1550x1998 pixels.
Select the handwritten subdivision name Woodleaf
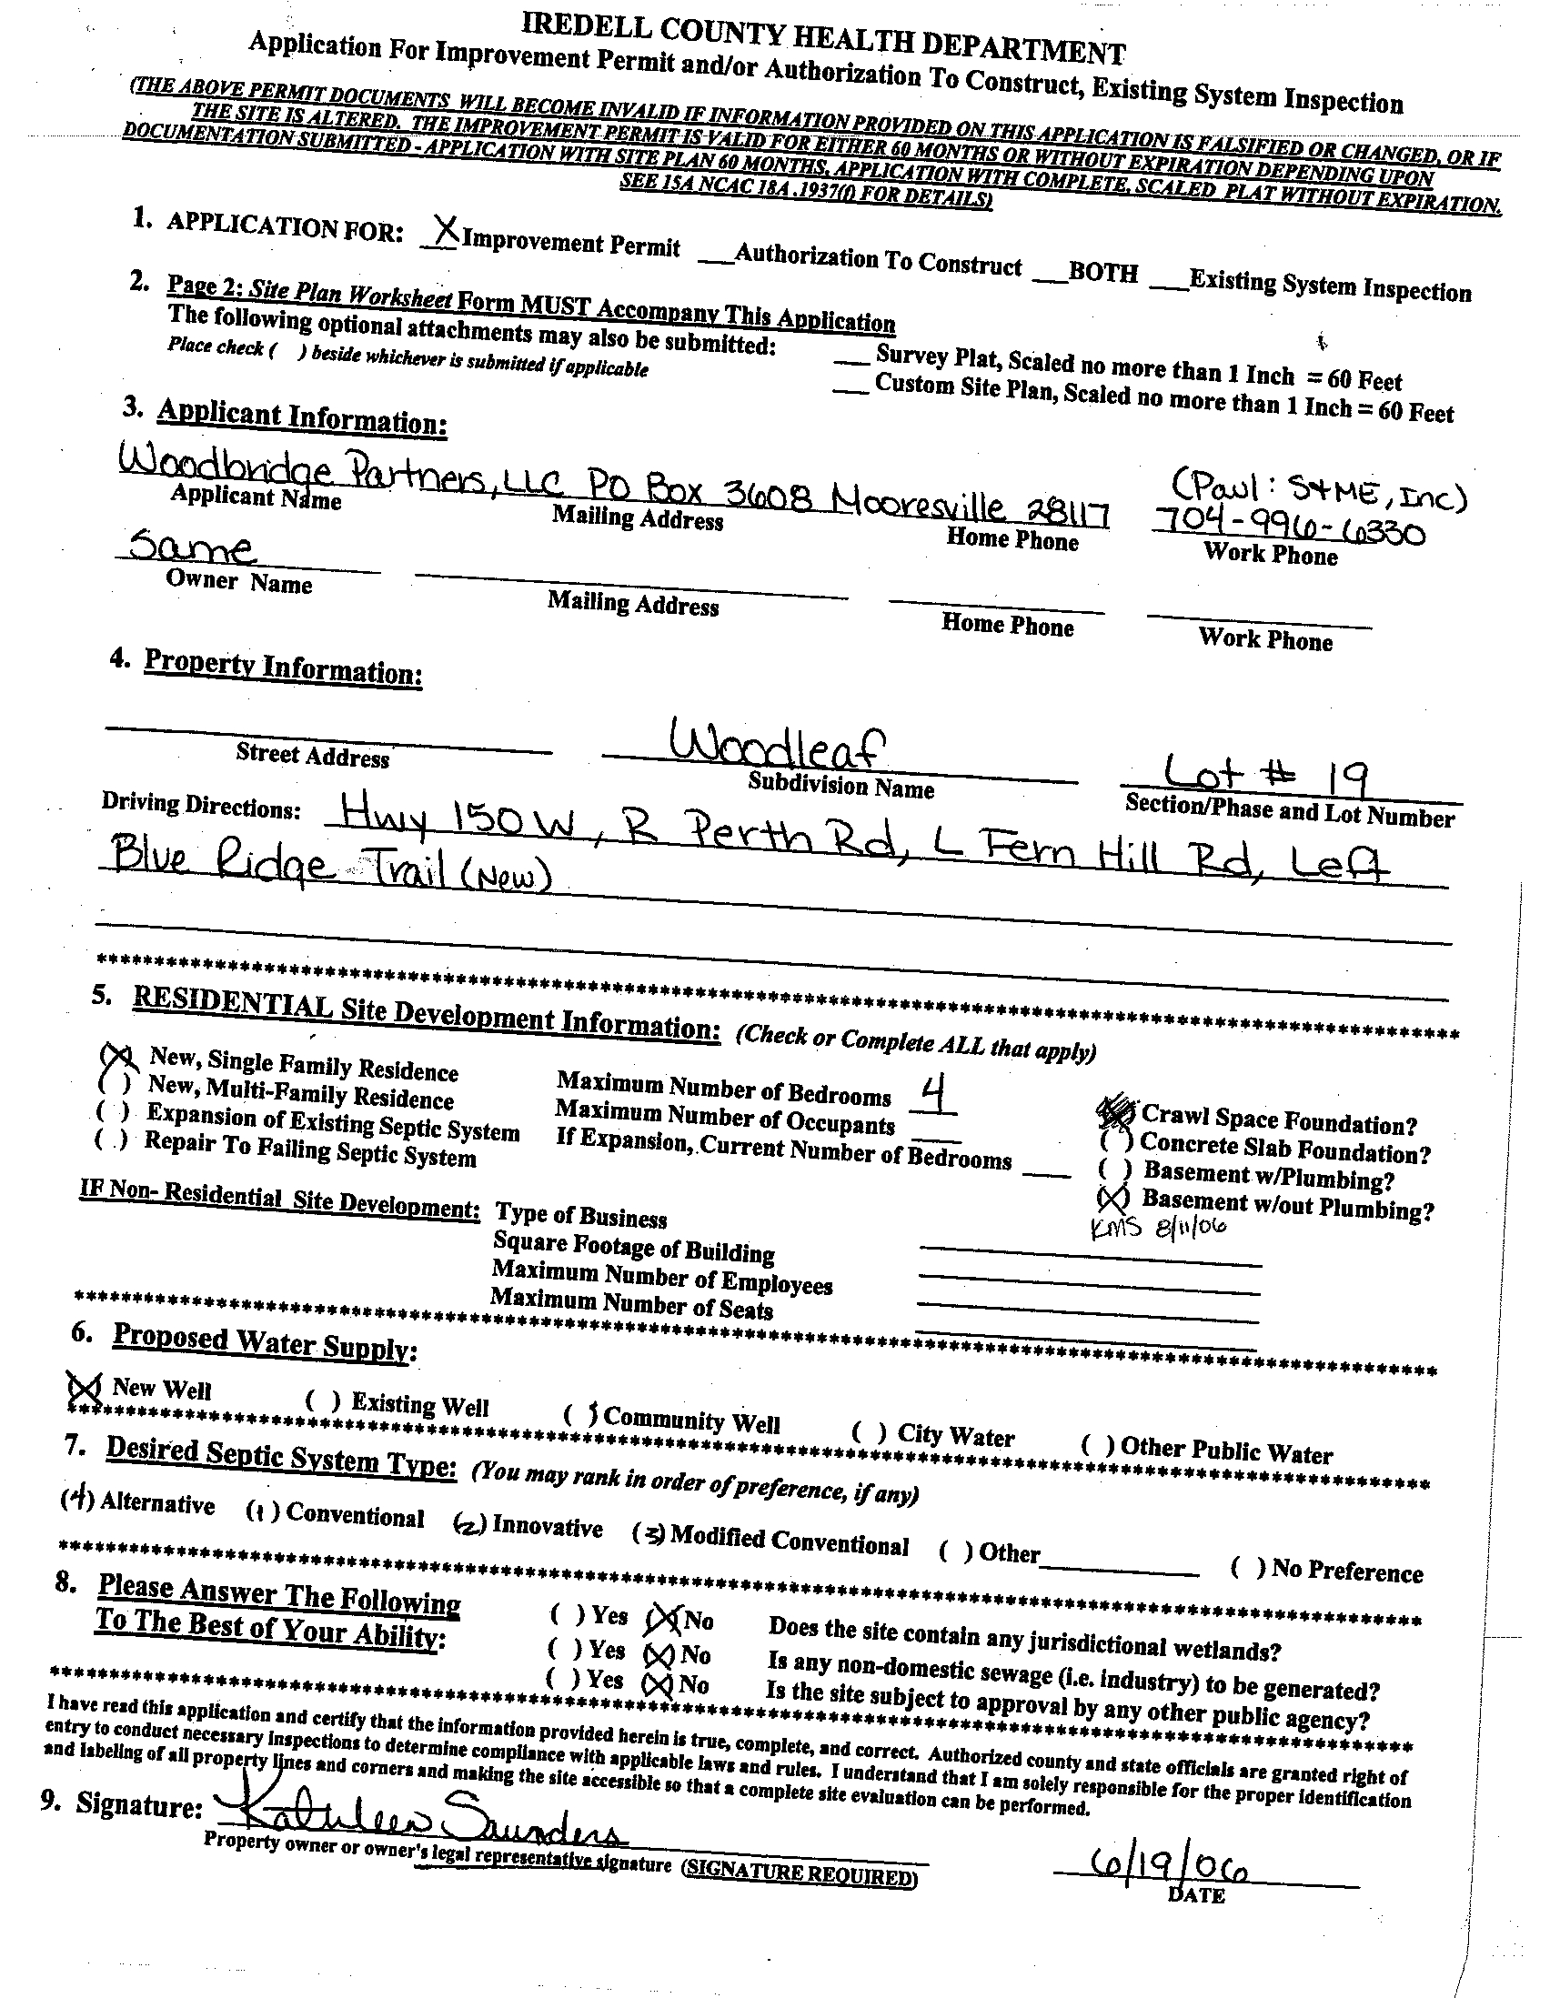pos(777,746)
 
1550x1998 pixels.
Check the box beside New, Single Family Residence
pos(118,1059)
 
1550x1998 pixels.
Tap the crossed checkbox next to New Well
pos(86,1388)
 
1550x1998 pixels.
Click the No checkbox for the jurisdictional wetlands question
pos(662,1621)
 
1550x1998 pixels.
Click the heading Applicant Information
pos(302,417)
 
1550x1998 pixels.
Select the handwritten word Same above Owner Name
pos(190,548)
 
